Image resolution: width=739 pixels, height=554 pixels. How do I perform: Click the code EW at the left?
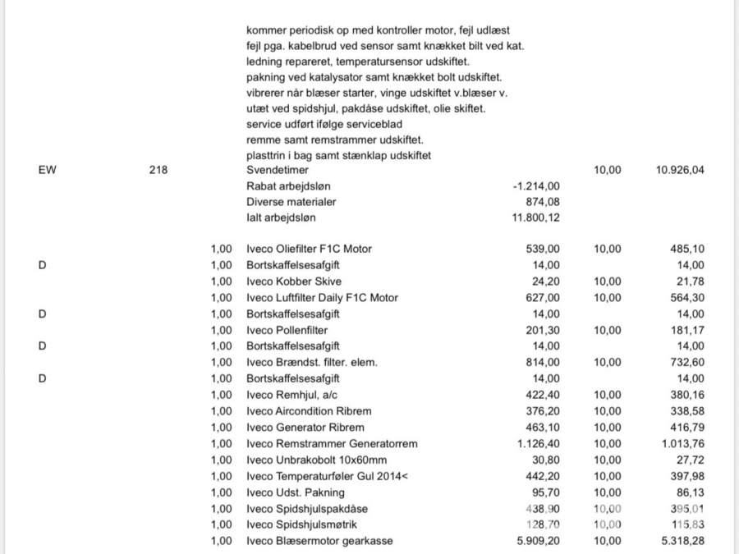point(47,171)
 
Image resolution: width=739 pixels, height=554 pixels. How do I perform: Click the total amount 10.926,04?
point(676,171)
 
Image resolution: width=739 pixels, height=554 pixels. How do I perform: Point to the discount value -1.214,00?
point(536,186)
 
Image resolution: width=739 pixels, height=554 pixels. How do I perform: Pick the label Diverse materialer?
point(291,202)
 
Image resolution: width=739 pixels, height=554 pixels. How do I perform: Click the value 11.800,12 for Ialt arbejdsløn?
point(537,217)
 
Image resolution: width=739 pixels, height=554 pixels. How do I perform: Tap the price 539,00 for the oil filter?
point(543,250)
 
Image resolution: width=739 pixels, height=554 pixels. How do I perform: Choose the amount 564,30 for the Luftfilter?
point(686,297)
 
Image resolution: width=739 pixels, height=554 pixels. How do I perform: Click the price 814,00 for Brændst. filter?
point(543,362)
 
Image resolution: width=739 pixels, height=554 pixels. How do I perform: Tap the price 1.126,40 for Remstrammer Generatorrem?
point(537,444)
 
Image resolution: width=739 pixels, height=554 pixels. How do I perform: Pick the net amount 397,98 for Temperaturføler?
point(686,476)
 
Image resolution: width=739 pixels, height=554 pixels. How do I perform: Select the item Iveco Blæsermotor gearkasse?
point(319,541)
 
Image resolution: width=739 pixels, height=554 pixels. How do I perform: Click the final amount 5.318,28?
point(681,541)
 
